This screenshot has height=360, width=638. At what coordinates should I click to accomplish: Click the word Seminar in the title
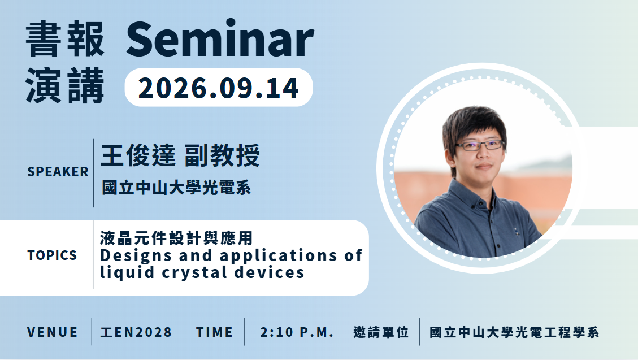tap(220, 39)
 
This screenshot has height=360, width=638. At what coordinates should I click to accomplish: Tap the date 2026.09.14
tap(219, 88)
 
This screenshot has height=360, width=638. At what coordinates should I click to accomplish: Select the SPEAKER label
tap(58, 172)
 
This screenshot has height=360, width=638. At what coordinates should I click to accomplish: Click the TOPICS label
tap(52, 255)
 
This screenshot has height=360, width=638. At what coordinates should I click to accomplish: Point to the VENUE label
tap(52, 332)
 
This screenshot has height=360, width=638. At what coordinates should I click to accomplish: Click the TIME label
tap(214, 332)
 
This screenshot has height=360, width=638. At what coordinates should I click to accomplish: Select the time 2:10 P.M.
tap(297, 332)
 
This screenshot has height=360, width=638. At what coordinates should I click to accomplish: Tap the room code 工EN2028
tap(136, 332)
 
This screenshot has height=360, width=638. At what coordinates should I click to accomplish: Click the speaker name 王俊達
tap(138, 155)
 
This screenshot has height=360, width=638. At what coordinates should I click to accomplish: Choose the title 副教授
tap(222, 155)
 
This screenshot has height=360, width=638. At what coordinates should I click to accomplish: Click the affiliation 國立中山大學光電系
tap(176, 188)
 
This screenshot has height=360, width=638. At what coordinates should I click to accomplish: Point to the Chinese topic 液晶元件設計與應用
tap(176, 238)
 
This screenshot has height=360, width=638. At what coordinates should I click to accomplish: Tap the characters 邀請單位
tap(381, 332)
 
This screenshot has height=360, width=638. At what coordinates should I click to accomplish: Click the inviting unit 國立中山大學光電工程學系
tap(514, 332)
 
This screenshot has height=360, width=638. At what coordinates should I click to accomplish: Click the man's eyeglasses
tap(480, 145)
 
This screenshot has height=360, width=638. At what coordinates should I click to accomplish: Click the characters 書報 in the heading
tap(65, 40)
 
